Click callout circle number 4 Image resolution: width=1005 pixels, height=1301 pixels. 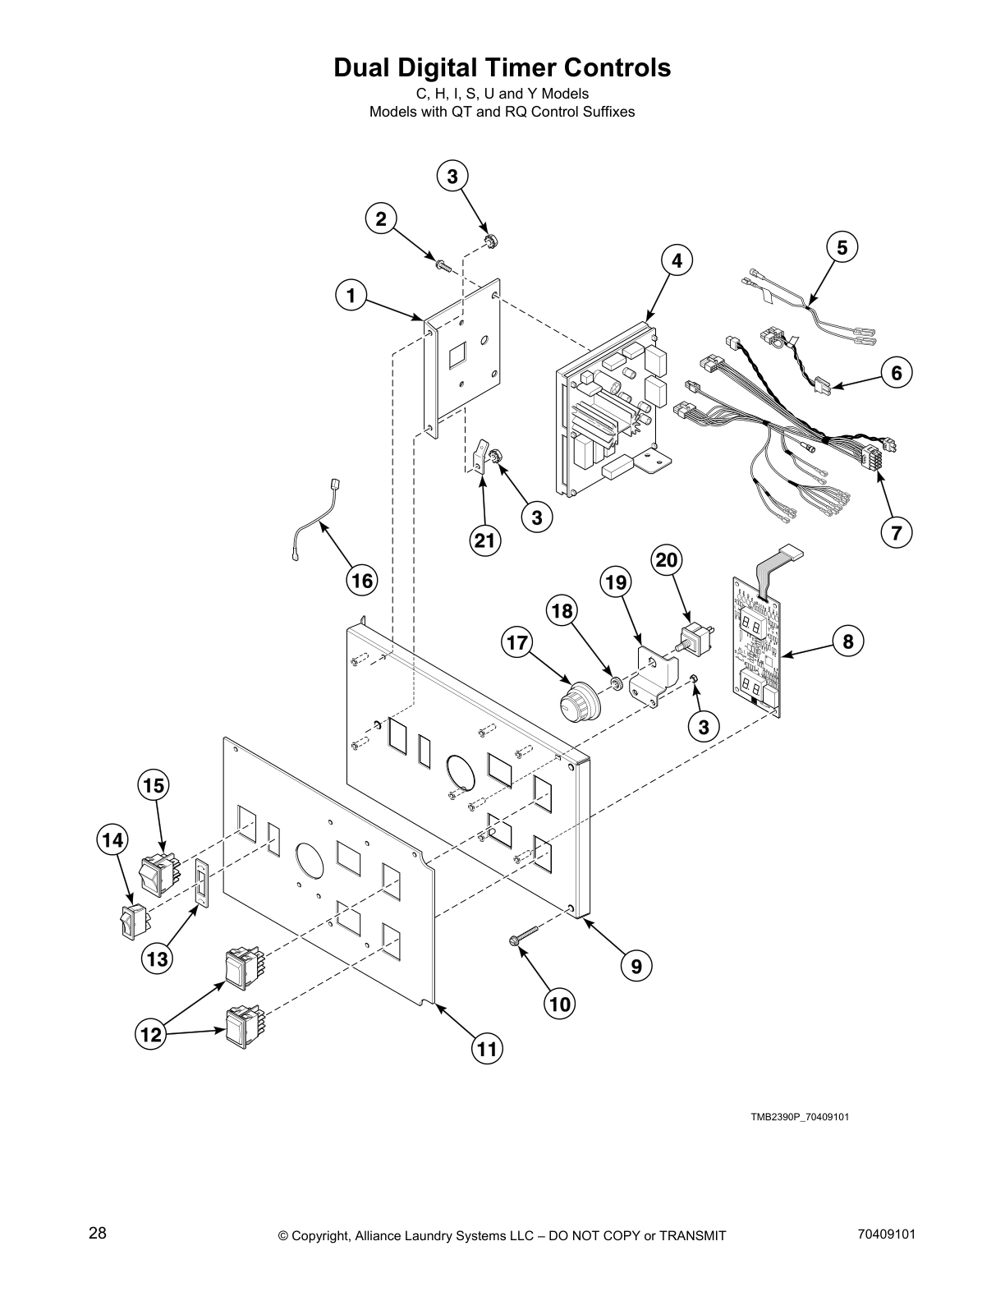coord(676,261)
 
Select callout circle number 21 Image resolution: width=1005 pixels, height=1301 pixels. coord(485,540)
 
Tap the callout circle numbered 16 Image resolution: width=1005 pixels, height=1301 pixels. coord(362,581)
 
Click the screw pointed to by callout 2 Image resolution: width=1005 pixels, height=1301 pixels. coord(443,264)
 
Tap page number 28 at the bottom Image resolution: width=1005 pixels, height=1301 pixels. coord(97,1233)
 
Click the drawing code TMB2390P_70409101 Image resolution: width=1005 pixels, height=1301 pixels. coord(793,1117)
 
